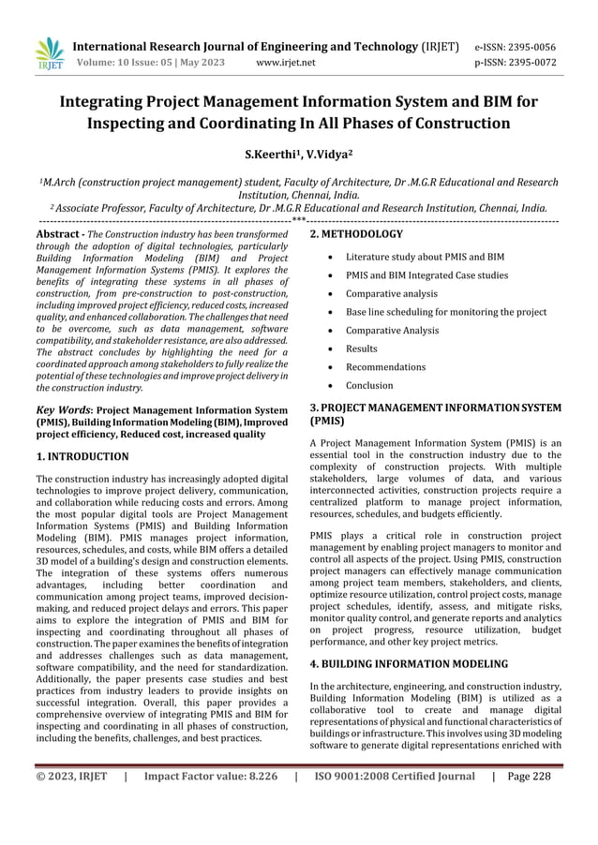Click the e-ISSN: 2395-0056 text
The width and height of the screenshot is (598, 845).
click(x=516, y=46)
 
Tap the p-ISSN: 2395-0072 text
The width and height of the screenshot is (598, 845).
click(x=516, y=64)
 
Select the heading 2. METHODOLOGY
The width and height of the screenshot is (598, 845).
click(x=356, y=234)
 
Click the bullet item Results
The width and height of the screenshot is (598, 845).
click(x=362, y=348)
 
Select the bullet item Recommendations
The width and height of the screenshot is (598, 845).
click(x=385, y=367)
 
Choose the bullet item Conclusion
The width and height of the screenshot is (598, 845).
click(x=369, y=385)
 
